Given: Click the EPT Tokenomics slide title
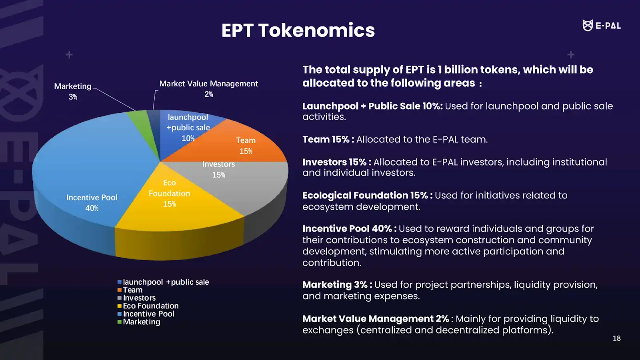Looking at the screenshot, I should (x=298, y=30).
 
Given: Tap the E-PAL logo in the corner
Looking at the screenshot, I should (x=601, y=26).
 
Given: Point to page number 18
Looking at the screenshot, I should (x=616, y=338).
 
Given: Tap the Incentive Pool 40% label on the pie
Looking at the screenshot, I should (x=92, y=202).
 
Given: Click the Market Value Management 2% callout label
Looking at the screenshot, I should (x=208, y=88).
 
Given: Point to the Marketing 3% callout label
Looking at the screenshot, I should (x=73, y=91).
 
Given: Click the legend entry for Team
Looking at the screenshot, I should (x=132, y=290).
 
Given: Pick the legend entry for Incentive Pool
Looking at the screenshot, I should (x=148, y=314).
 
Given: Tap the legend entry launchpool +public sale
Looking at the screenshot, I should (x=165, y=282).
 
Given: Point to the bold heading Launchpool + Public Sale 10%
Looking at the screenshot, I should (x=372, y=106).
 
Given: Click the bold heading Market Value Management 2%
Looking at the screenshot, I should (x=375, y=319).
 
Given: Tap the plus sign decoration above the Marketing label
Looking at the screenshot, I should (x=69, y=54).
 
